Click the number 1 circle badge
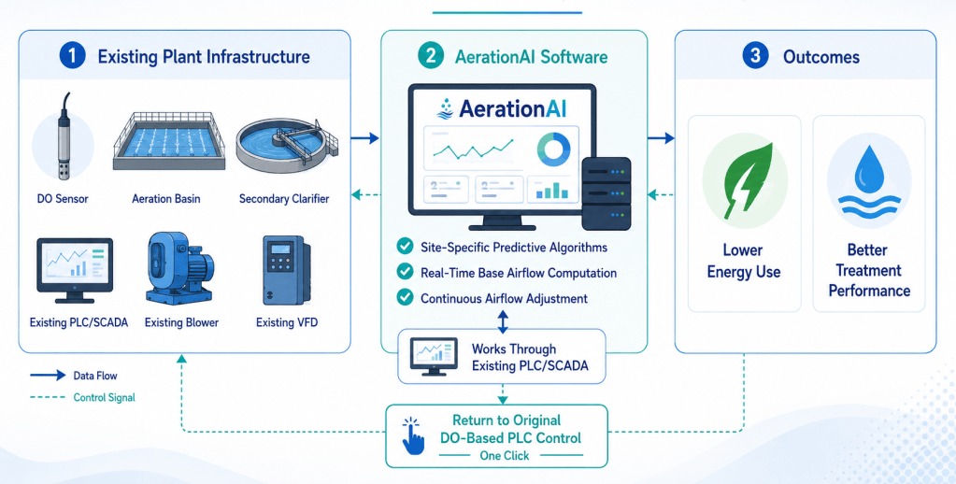(x=72, y=56)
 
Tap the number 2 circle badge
(x=431, y=56)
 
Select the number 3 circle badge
(x=755, y=56)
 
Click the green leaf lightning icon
(x=747, y=181)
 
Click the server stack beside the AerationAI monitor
(x=606, y=193)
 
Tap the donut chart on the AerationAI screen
(x=553, y=149)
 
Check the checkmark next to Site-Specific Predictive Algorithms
(x=405, y=247)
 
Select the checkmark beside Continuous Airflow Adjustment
(x=405, y=297)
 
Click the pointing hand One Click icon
(x=413, y=435)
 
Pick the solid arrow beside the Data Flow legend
(x=48, y=376)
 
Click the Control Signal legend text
(x=105, y=397)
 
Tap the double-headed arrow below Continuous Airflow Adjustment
(x=503, y=321)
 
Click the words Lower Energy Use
(x=743, y=261)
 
